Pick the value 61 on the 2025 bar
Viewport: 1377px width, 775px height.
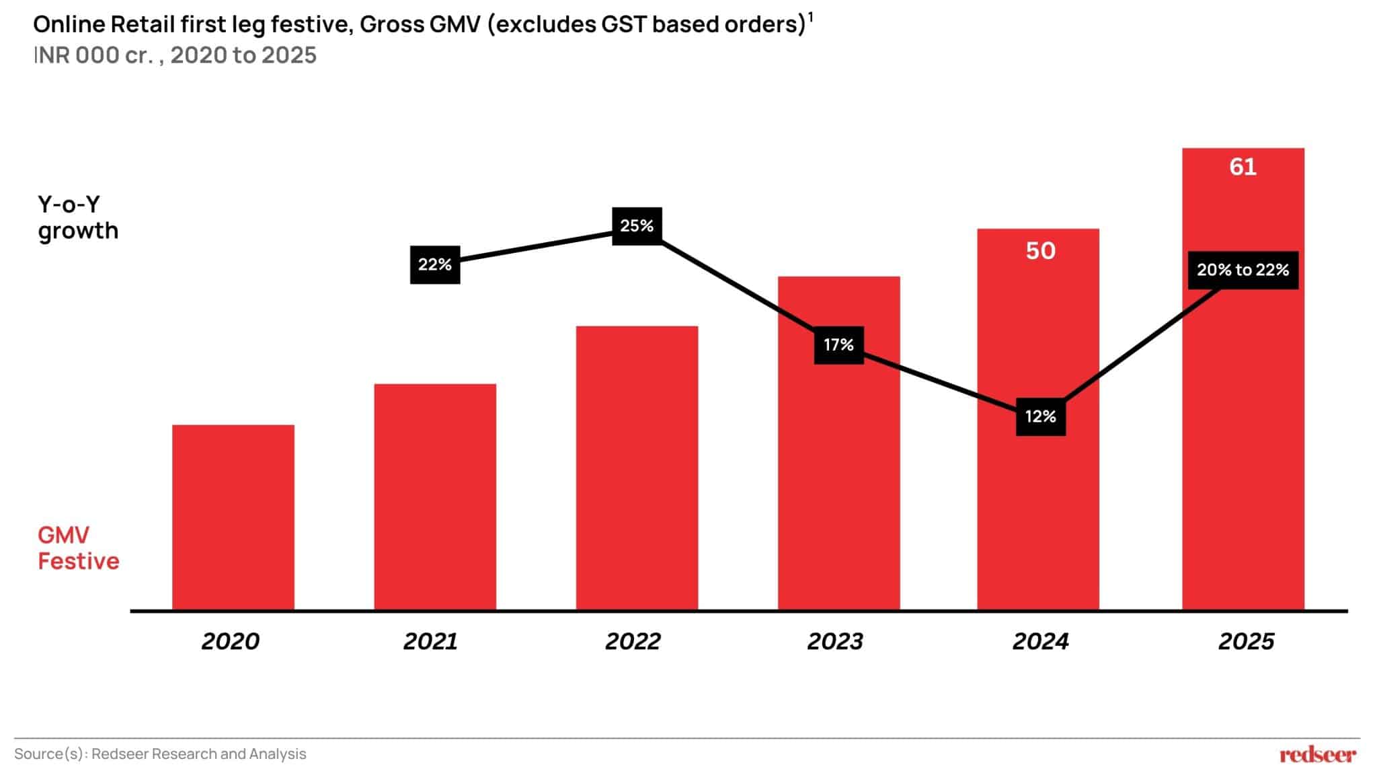tap(1243, 167)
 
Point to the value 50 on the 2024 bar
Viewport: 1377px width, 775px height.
tap(1040, 251)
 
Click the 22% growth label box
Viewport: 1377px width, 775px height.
tap(435, 264)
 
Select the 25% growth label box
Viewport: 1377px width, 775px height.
tap(637, 226)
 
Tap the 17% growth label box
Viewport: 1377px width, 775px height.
tap(838, 345)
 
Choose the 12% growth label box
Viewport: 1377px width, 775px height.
tap(1040, 416)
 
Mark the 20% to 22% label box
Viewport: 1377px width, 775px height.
tap(1243, 270)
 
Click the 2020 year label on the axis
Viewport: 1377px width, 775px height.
tap(230, 641)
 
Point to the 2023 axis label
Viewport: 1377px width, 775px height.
tap(835, 641)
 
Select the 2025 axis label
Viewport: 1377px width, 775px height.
tap(1246, 641)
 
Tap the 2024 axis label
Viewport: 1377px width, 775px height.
tap(1040, 641)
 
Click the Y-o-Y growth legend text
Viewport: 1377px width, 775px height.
tap(77, 217)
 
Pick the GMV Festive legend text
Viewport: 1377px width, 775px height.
tap(78, 548)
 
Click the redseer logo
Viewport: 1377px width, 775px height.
tap(1317, 755)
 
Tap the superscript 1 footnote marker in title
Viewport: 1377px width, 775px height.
tap(811, 17)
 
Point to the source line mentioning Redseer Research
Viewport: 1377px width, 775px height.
tap(160, 754)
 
